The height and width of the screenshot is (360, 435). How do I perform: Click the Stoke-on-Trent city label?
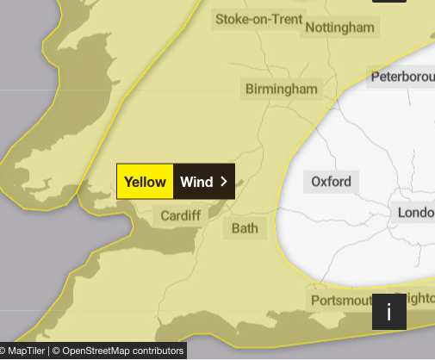pos(258,19)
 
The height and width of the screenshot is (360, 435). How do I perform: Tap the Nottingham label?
pos(340,28)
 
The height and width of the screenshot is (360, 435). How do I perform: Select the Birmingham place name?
pos(281,89)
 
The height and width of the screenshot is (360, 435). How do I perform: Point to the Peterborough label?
pos(401,78)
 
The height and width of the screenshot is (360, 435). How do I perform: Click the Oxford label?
pos(331,182)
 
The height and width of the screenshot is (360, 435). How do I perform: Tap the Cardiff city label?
pos(180,215)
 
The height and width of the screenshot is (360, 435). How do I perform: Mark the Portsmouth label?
pos(340,300)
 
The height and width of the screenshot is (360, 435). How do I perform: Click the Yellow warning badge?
pos(145,182)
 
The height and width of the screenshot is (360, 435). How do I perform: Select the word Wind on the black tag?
pos(196,182)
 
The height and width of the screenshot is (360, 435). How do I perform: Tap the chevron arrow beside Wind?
pos(224,182)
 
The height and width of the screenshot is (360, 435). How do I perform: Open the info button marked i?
pos(388,312)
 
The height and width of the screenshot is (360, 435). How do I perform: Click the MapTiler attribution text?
pos(26,351)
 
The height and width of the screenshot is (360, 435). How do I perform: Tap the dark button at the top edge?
pos(388,3)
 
